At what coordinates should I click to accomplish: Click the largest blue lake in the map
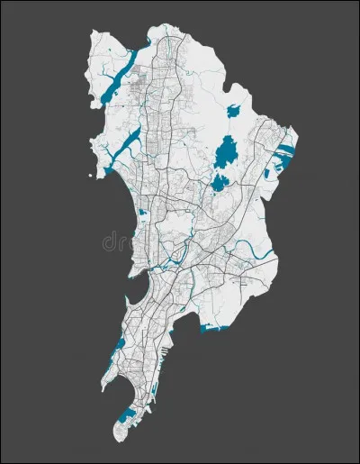point(225,150)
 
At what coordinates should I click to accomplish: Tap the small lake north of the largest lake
point(234,111)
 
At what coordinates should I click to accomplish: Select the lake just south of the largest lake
point(219,183)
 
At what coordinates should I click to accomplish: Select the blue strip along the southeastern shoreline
point(216,331)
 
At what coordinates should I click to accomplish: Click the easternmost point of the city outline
point(299,144)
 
